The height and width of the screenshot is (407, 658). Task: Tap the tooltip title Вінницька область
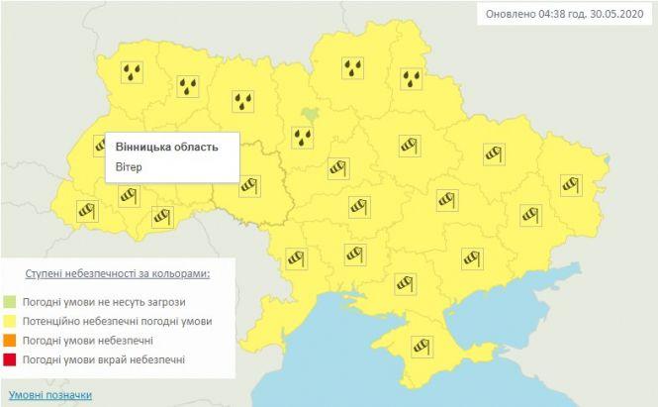pyautogui.click(x=165, y=147)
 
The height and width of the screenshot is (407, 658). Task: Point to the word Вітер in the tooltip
pyautogui.click(x=129, y=167)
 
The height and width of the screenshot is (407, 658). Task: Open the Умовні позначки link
pyautogui.click(x=48, y=395)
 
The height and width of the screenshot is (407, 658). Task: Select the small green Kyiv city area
pyautogui.click(x=311, y=114)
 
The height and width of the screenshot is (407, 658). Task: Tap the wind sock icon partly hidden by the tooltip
pyautogui.click(x=102, y=146)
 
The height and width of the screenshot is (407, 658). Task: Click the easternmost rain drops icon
pyautogui.click(x=412, y=77)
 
